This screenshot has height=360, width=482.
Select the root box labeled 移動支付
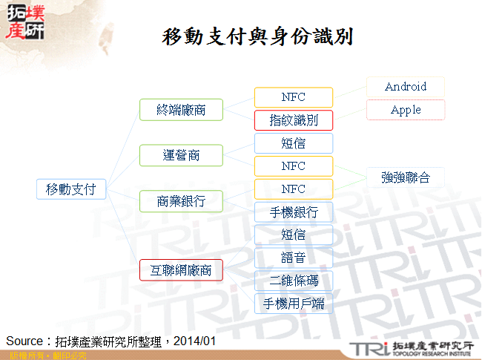[71, 189]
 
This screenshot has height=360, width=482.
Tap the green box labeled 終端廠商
[182, 110]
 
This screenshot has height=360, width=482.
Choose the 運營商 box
[182, 155]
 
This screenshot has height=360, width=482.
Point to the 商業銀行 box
[182, 201]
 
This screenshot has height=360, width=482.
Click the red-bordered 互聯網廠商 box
[182, 270]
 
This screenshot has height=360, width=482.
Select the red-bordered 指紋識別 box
[294, 120]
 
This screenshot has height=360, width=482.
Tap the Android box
[406, 87]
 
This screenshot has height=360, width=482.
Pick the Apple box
[406, 110]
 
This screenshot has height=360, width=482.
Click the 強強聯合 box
[406, 177]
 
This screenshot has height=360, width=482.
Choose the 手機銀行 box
[294, 212]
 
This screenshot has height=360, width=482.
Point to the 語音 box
[294, 258]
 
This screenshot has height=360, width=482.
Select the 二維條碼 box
[294, 281]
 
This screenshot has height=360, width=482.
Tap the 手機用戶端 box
[294, 304]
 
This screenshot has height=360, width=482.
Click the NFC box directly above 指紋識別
[294, 97]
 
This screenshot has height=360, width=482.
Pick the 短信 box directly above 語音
[294, 235]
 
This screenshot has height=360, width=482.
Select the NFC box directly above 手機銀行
[294, 189]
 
